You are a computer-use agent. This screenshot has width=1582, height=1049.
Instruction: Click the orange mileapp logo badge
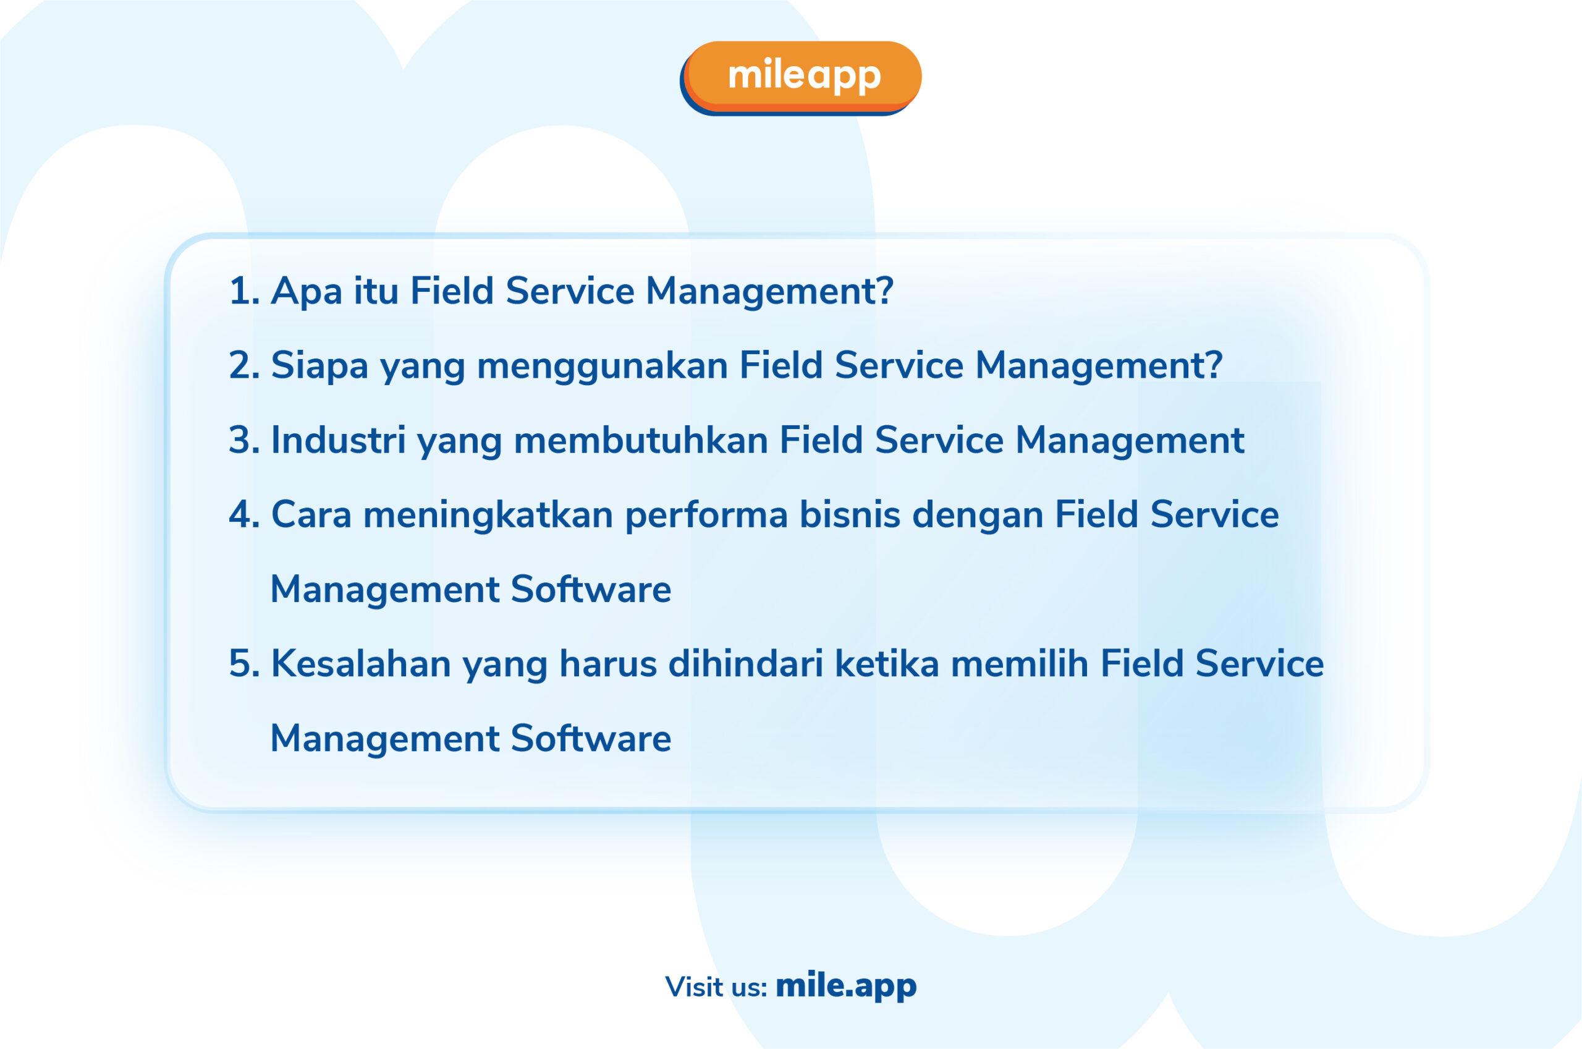[800, 78]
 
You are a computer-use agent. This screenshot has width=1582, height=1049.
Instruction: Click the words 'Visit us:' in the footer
[716, 987]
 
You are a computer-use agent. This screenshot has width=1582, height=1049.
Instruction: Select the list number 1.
[244, 292]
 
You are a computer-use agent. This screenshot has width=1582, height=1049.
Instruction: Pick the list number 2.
[244, 366]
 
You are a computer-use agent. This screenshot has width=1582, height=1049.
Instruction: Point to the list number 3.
[244, 441]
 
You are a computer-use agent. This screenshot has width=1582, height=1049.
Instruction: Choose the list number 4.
[244, 515]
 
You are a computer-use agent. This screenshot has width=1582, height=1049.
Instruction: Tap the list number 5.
[244, 665]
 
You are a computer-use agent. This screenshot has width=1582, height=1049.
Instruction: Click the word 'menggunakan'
[603, 368]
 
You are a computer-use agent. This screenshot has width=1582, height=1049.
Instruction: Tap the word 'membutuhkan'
[641, 441]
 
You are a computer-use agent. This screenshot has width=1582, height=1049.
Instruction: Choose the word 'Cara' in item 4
[311, 515]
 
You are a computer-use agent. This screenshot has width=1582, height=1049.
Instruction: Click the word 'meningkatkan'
[488, 517]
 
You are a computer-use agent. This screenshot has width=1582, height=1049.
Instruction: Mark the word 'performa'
[707, 517]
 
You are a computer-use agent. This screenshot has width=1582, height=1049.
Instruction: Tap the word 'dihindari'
[745, 665]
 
